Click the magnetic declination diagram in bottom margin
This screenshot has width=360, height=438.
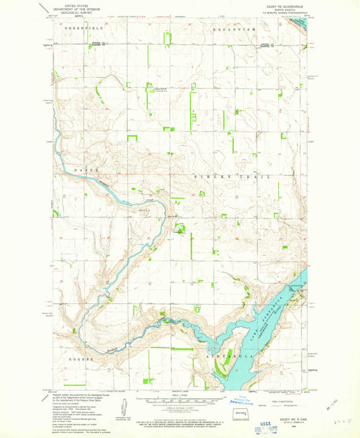124,407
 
